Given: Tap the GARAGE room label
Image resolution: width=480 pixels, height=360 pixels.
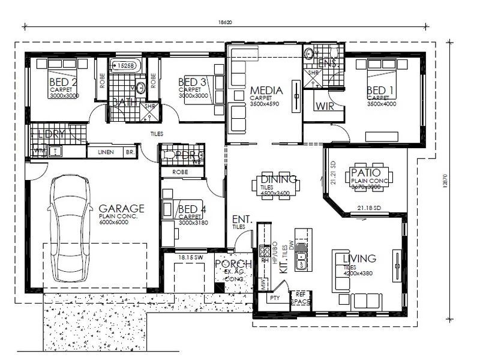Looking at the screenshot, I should coord(122,209).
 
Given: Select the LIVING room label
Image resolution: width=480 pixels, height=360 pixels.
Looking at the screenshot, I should coord(359,259).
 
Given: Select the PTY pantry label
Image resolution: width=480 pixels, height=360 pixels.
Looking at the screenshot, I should coord(275,298).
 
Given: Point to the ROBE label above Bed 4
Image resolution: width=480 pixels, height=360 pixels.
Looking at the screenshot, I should coord(181,171).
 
